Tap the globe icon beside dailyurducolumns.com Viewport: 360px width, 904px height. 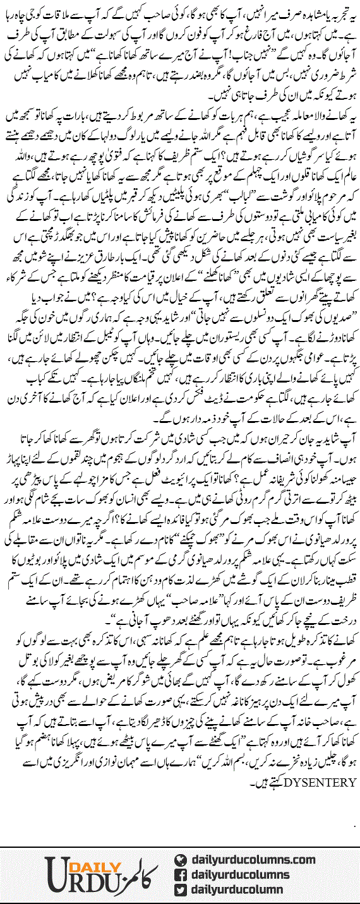[181, 860]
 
